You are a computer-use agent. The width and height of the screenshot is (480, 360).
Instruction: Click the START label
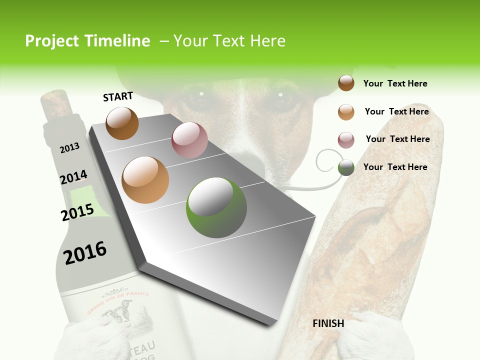118,96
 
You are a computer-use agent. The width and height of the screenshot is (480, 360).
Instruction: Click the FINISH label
328,323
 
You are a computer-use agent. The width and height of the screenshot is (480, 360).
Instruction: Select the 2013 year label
69,147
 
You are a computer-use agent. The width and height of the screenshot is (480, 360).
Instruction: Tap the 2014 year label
73,177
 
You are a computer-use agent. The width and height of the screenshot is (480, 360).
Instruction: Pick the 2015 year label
77,212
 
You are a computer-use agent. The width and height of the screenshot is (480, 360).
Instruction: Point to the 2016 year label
85,252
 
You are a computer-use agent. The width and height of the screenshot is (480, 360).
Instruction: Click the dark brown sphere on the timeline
122,123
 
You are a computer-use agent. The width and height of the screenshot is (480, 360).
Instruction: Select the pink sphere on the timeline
189,140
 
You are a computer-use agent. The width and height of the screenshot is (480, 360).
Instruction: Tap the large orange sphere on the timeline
145,180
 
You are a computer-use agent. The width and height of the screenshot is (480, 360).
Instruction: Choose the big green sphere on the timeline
216,207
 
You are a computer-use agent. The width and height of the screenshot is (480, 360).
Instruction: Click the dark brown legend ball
346,83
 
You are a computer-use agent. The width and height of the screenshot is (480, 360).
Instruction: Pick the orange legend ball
346,112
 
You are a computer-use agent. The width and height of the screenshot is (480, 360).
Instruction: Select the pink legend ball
346,140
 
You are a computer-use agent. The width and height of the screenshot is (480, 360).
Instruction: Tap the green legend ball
346,168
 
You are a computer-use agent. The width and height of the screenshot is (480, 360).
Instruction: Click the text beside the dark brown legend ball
395,83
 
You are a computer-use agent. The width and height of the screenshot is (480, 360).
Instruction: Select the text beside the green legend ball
395,167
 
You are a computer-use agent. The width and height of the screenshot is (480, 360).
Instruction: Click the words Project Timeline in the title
87,41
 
